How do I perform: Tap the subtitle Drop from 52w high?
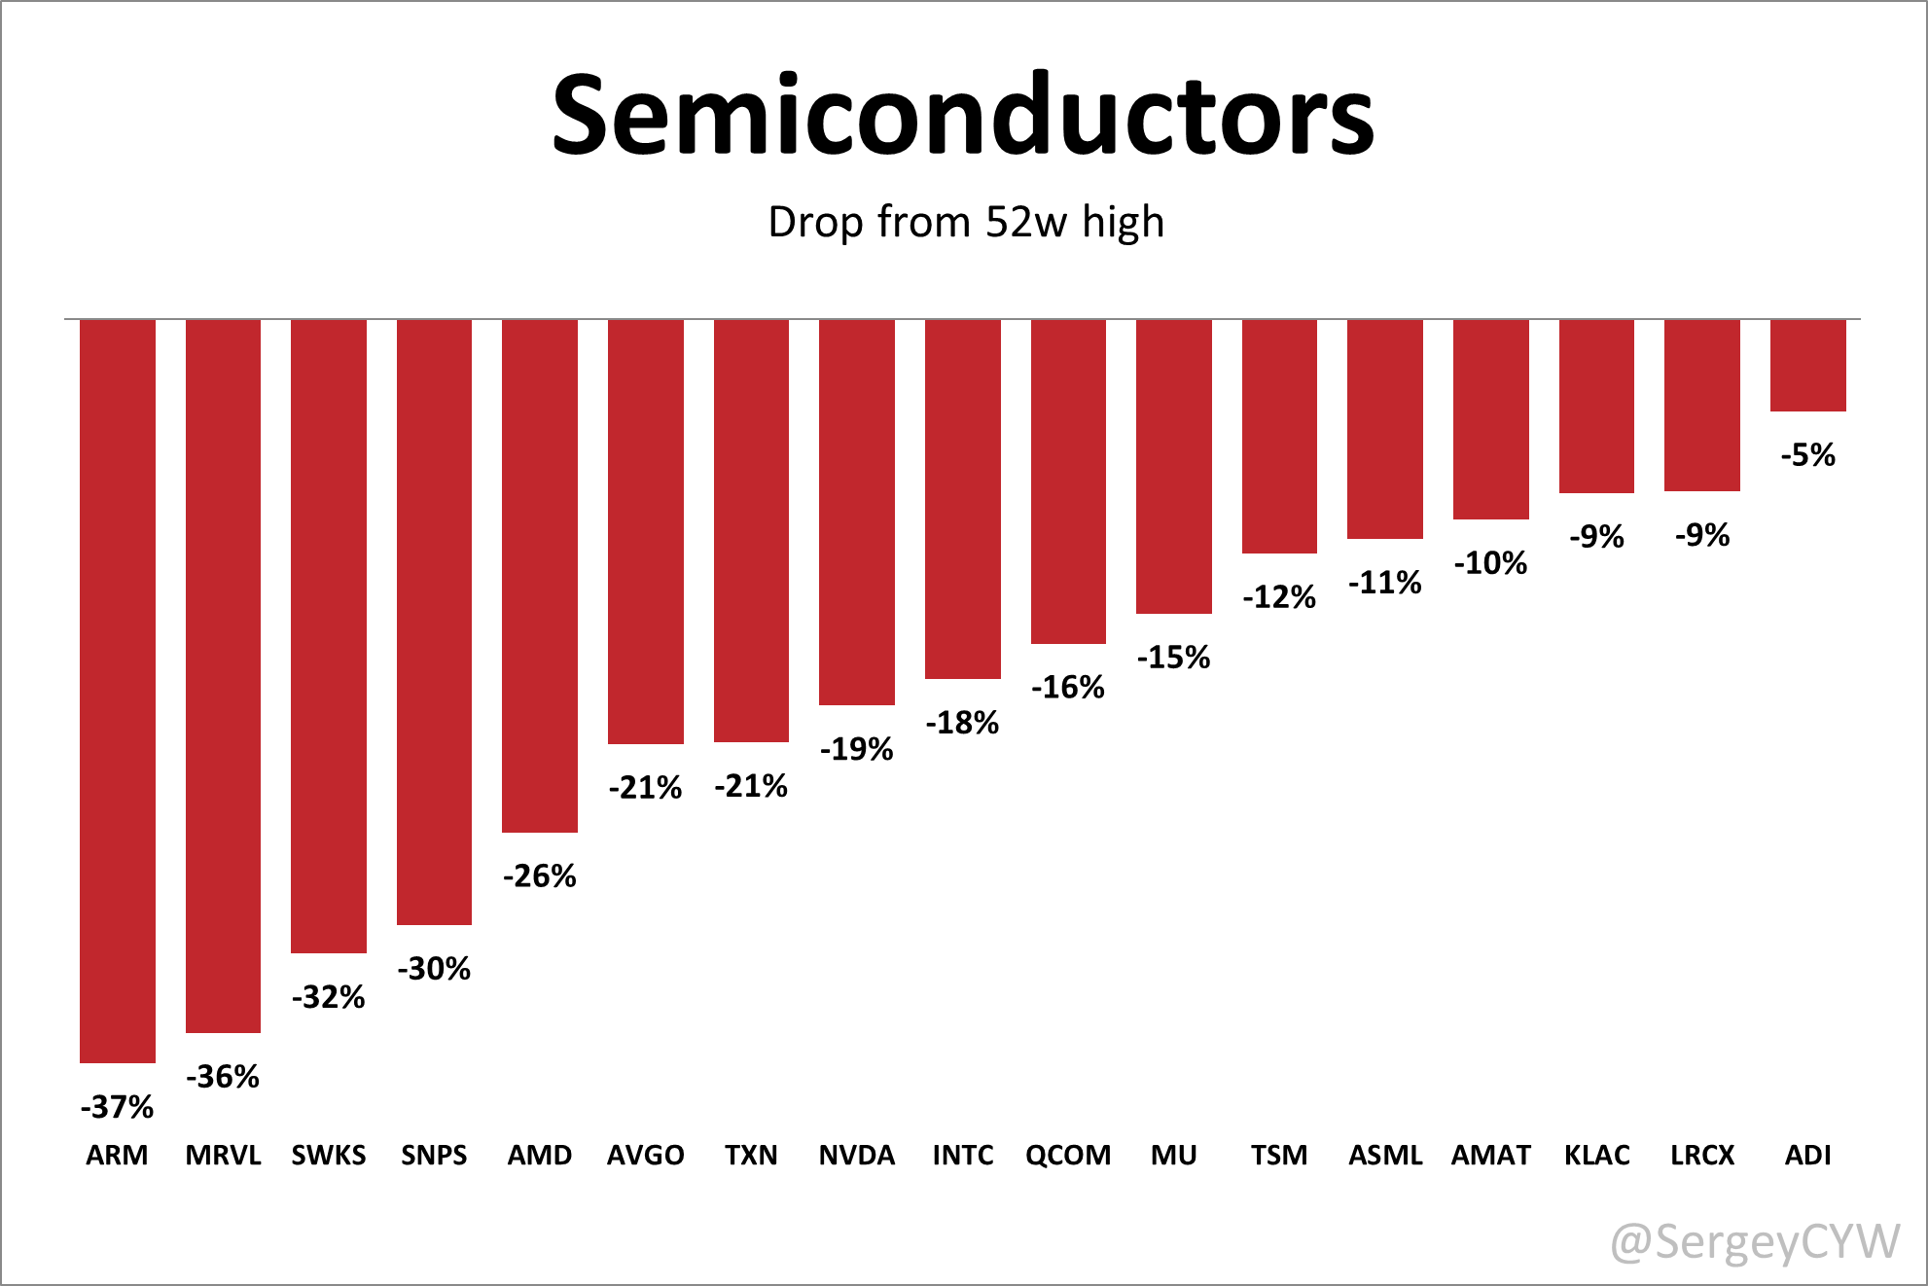tap(965, 222)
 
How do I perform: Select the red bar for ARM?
tap(118, 691)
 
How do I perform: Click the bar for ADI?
tap(1807, 365)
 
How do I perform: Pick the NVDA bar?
tap(856, 512)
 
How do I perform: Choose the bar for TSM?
tap(1279, 436)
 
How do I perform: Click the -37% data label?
tap(118, 1106)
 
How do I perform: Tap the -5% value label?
tap(1807, 454)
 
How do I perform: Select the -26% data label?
tap(540, 875)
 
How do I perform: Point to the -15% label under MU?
tap(1173, 657)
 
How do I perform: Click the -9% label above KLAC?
tap(1596, 536)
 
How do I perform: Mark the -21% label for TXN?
tap(751, 785)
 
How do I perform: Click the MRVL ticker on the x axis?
tap(223, 1155)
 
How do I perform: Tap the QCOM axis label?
tap(1068, 1155)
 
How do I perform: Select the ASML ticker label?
tap(1385, 1155)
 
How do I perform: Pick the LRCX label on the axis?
tap(1702, 1155)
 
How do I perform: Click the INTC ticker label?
tap(962, 1155)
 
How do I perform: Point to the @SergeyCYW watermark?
tap(1755, 1242)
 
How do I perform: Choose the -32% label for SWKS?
tap(329, 996)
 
